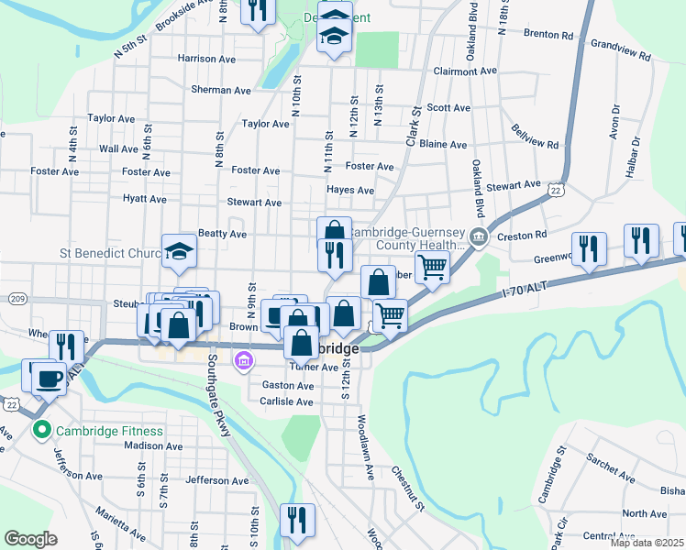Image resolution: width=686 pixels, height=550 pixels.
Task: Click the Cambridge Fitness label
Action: pos(109,431)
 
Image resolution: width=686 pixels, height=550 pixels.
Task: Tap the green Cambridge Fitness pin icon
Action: pos(40,430)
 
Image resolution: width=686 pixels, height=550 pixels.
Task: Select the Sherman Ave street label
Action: pos(221,91)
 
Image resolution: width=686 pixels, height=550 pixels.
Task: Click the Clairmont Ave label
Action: pos(464,71)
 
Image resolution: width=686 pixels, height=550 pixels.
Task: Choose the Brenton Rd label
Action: pos(548,35)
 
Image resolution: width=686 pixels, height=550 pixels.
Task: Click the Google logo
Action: pos(31,539)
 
